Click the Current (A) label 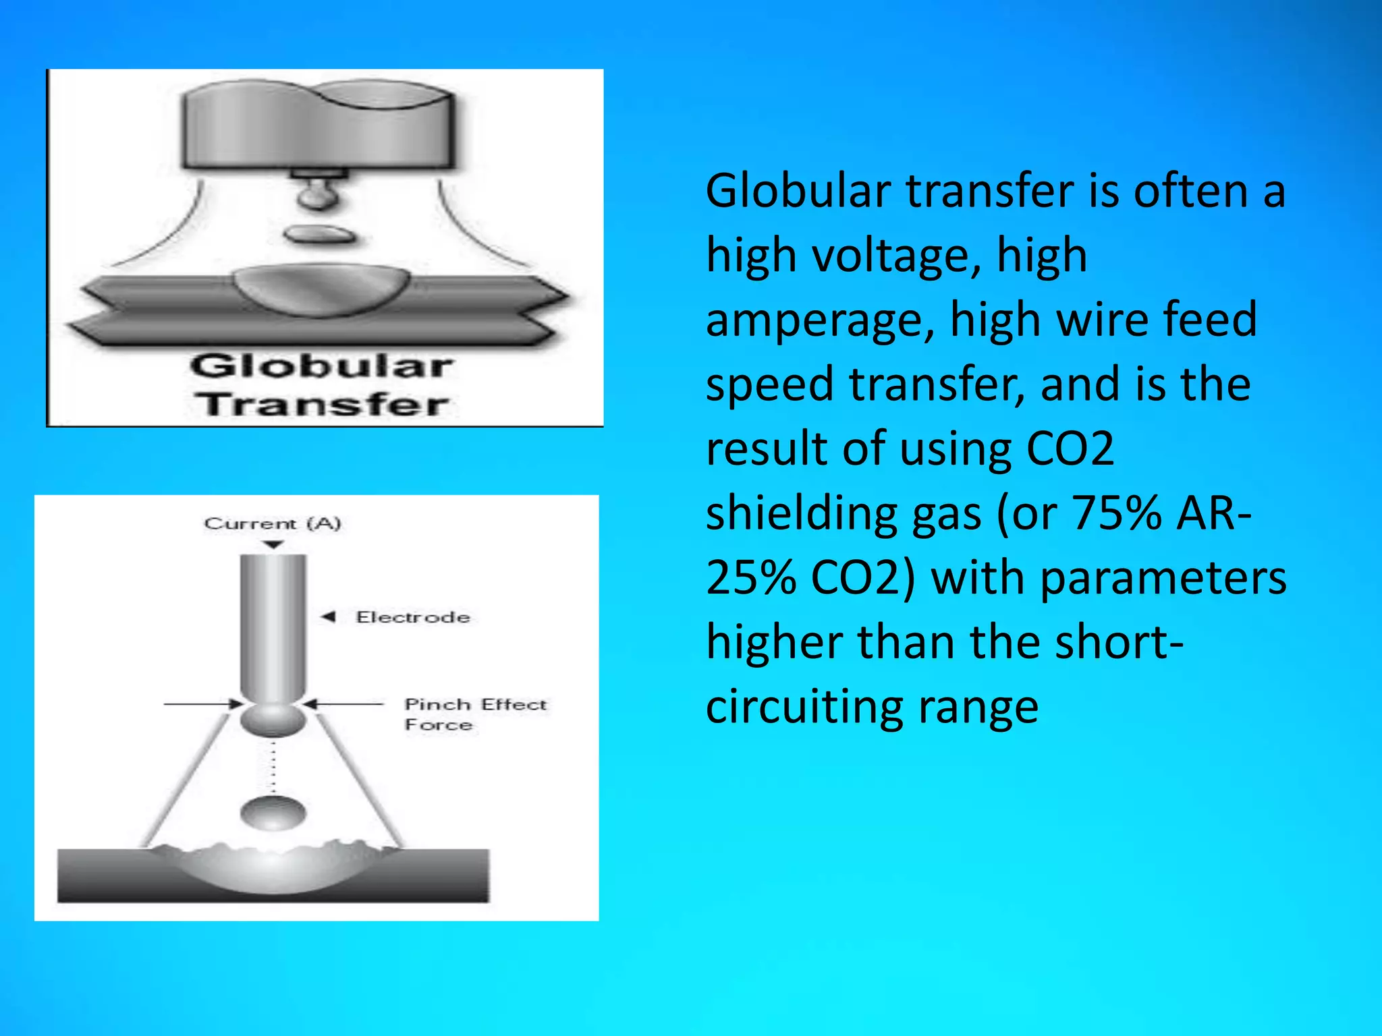[273, 523]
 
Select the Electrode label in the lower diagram [413, 617]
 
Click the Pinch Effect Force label [475, 714]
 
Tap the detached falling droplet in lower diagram [273, 813]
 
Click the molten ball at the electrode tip [273, 720]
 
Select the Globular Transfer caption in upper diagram [322, 385]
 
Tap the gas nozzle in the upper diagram [317, 128]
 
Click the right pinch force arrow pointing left [344, 704]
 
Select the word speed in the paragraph [769, 385]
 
